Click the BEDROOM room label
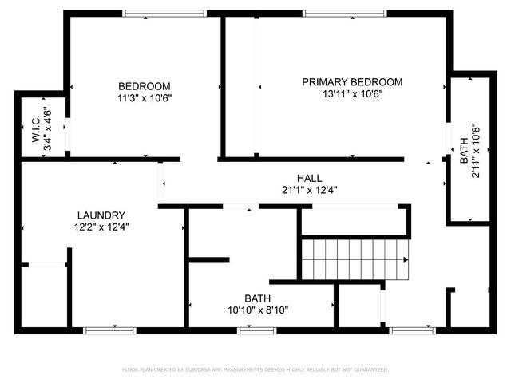tap(145, 86)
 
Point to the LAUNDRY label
tap(101, 215)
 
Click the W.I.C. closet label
tap(37, 130)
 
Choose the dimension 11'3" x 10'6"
tap(145, 98)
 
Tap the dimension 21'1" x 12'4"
tap(309, 190)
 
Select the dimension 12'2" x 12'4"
tap(101, 227)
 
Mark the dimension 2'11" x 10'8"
tap(476, 150)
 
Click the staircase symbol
tap(355, 259)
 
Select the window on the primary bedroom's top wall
tap(333, 13)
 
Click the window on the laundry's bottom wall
tap(110, 329)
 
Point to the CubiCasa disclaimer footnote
tap(255, 369)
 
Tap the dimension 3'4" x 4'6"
tap(48, 130)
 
